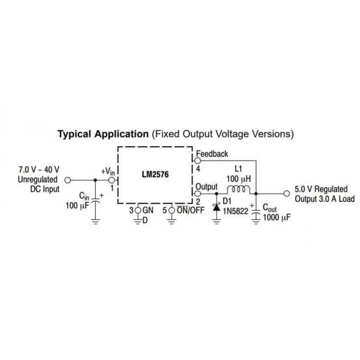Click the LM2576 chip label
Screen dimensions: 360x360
155,174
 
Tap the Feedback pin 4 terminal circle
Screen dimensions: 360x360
197,160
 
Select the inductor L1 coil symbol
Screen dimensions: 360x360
239,190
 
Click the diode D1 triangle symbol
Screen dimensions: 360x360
217,207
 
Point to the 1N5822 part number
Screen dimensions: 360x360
236,211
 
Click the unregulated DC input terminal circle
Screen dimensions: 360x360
67,180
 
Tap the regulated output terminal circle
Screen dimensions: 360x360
286,193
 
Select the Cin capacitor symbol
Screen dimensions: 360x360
96,201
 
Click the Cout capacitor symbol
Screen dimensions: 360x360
256,212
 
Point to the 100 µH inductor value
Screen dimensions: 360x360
239,179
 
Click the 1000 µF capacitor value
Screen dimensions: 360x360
277,217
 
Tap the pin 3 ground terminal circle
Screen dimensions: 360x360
138,210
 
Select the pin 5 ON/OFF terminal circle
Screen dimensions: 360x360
171,210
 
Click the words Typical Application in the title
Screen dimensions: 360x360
103,134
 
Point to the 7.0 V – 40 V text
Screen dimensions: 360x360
39,170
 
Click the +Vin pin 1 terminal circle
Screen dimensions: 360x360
112,180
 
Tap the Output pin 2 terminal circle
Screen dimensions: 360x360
197,193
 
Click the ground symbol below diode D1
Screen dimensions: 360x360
217,222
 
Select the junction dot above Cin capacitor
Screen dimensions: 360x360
96,180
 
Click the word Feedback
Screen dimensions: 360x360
212,154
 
